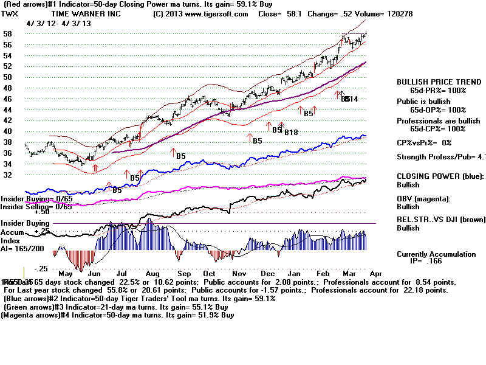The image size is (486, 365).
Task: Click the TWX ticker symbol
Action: [10, 13]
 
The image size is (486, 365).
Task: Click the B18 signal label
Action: [292, 133]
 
